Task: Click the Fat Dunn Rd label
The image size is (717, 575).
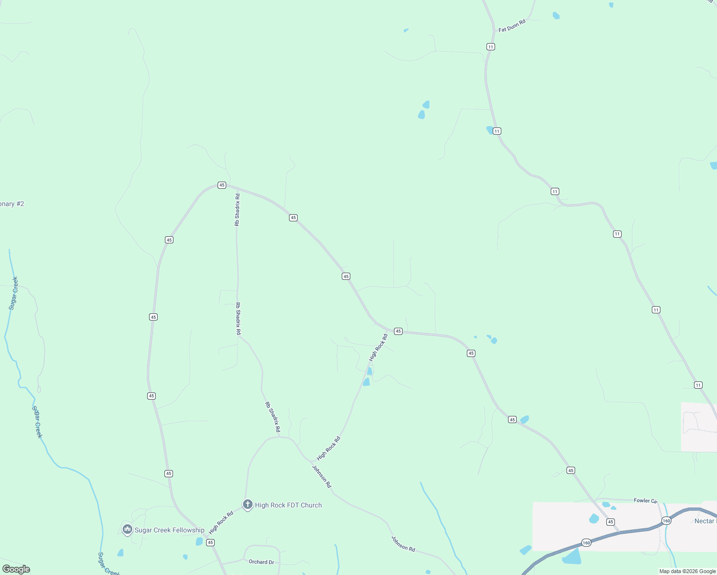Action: click(512, 26)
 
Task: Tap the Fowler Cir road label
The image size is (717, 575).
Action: click(646, 501)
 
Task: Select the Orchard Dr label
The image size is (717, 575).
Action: click(261, 562)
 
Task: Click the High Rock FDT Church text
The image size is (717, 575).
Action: click(288, 505)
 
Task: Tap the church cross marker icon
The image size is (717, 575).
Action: click(247, 504)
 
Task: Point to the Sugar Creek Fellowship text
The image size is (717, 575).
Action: click(169, 530)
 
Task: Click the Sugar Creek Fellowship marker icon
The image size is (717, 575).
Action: click(127, 529)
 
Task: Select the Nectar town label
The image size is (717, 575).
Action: click(705, 521)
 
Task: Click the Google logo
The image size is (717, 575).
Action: click(16, 569)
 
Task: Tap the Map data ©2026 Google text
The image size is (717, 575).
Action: click(687, 571)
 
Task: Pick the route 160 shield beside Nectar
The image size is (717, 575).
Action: click(666, 520)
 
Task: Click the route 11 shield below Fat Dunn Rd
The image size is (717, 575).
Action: click(490, 46)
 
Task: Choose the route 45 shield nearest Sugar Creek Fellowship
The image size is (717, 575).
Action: click(210, 542)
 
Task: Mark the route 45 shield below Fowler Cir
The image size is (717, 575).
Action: click(610, 521)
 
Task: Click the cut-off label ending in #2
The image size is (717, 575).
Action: click(12, 204)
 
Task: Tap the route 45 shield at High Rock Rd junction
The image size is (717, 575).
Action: click(398, 331)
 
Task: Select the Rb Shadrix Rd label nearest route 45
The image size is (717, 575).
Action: click(237, 209)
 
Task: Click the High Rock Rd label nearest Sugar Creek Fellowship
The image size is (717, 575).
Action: click(221, 522)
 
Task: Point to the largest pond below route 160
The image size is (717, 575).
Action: click(572, 557)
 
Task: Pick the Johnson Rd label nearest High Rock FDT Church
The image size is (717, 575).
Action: click(322, 476)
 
